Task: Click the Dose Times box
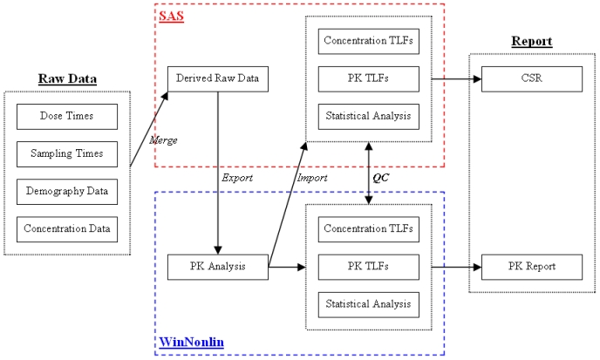[x=66, y=116]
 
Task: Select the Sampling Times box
[x=66, y=154]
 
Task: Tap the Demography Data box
[x=66, y=192]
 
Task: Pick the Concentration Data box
[x=66, y=229]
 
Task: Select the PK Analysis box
[x=217, y=267]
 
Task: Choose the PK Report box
[x=531, y=267]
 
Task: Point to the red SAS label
[x=171, y=16]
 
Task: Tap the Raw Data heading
[x=67, y=79]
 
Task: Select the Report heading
[x=531, y=41]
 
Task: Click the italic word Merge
[x=163, y=139]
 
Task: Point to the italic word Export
[x=235, y=178]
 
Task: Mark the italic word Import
[x=310, y=178]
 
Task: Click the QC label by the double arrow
[x=381, y=177]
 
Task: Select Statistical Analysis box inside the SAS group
[x=368, y=116]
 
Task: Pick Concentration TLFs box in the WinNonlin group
[x=368, y=229]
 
